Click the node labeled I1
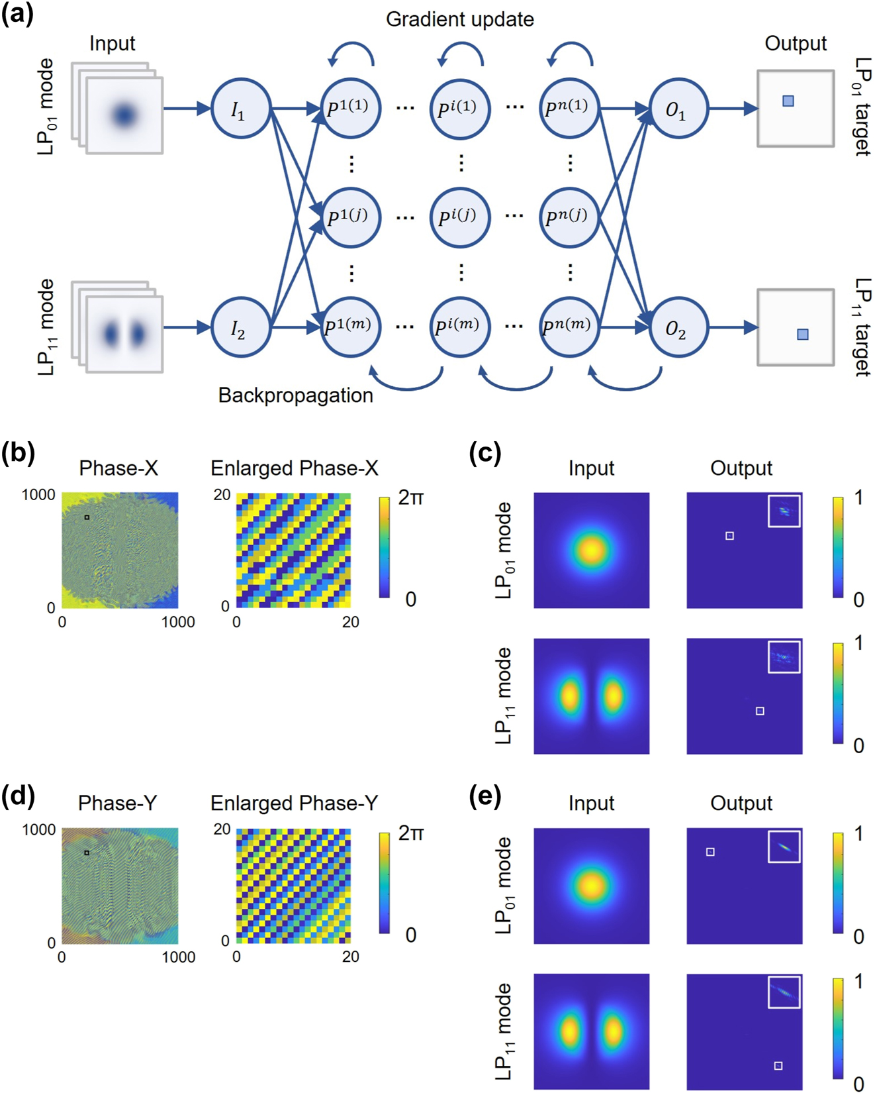tap(240, 109)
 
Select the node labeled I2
tap(240, 327)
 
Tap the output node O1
tap(677, 109)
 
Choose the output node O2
tap(677, 327)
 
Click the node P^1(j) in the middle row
tap(349, 217)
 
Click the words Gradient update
tap(459, 19)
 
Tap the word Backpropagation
tap(295, 395)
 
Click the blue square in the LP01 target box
tap(788, 101)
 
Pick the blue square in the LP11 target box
tap(802, 335)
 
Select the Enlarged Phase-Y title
tap(294, 804)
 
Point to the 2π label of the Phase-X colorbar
tap(410, 498)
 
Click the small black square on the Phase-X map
tap(87, 517)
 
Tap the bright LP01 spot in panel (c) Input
tap(591, 550)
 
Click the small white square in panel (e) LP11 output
tap(778, 1066)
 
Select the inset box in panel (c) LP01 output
tap(784, 511)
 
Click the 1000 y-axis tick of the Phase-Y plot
tap(38, 830)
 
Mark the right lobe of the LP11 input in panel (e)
tap(614, 1031)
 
